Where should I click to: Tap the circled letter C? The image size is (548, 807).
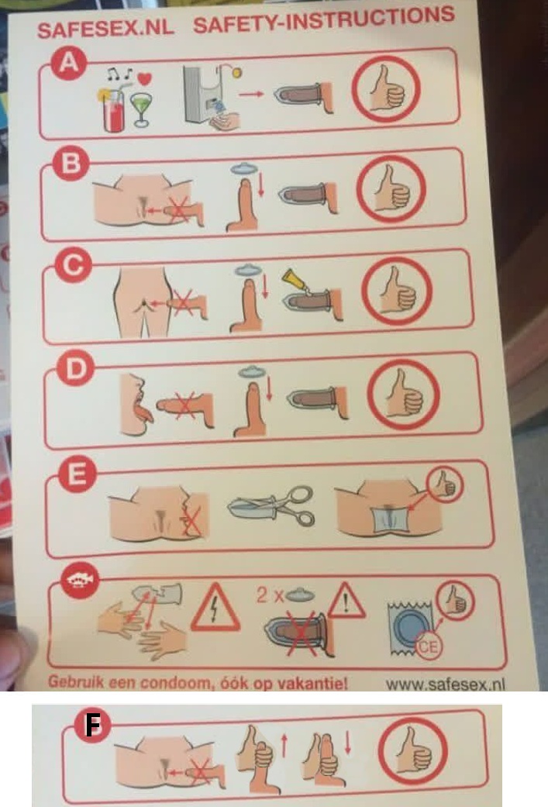point(73,266)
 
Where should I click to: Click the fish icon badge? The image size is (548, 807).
point(80,579)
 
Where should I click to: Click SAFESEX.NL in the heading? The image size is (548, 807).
point(105,29)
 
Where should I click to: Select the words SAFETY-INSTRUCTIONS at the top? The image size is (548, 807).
point(324,21)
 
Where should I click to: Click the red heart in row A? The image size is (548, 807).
point(146,79)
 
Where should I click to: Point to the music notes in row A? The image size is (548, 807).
point(119,75)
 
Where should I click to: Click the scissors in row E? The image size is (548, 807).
point(272,505)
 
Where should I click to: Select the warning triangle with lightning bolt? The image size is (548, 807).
point(215,609)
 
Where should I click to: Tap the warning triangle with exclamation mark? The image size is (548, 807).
point(346,601)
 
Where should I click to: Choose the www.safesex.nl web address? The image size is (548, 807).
point(445,684)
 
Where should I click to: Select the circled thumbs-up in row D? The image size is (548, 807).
point(405,395)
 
